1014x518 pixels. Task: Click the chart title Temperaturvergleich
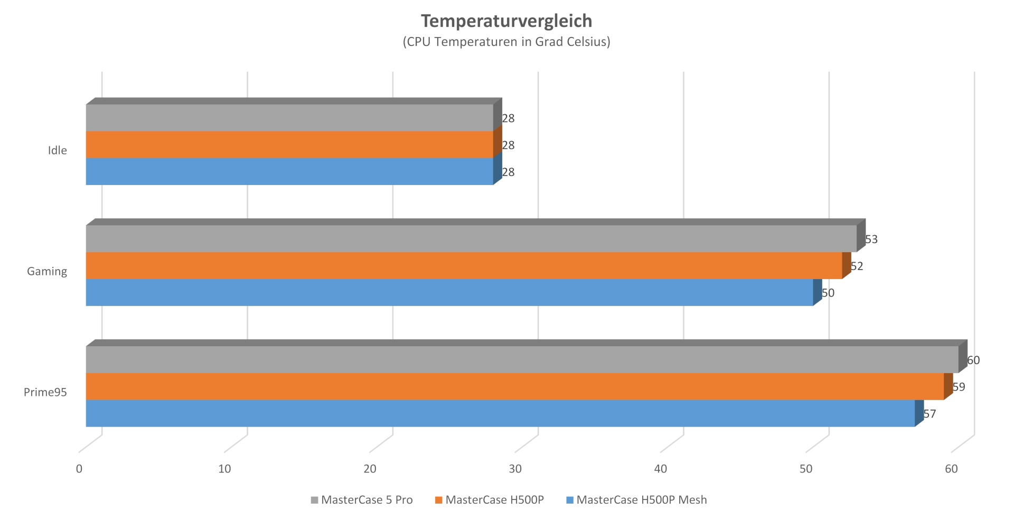506,21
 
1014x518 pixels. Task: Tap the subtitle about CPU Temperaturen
506,42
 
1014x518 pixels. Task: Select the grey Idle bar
289,117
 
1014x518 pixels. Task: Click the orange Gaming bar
464,265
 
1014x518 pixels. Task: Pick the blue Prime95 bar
500,413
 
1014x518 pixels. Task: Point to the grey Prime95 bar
522,359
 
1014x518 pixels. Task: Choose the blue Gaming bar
449,292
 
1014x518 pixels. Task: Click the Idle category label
58,151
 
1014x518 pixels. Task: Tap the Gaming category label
47,272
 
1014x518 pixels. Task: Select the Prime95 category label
45,392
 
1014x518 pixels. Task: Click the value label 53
871,239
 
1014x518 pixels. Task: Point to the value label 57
929,414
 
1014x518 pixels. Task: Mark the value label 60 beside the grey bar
973,360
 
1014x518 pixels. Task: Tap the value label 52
857,266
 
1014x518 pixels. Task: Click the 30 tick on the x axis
515,469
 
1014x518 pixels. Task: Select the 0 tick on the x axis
79,469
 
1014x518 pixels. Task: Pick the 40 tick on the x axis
661,469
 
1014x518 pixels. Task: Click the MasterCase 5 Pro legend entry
367,500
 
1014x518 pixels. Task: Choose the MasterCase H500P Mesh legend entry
641,500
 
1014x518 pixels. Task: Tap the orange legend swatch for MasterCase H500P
438,500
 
